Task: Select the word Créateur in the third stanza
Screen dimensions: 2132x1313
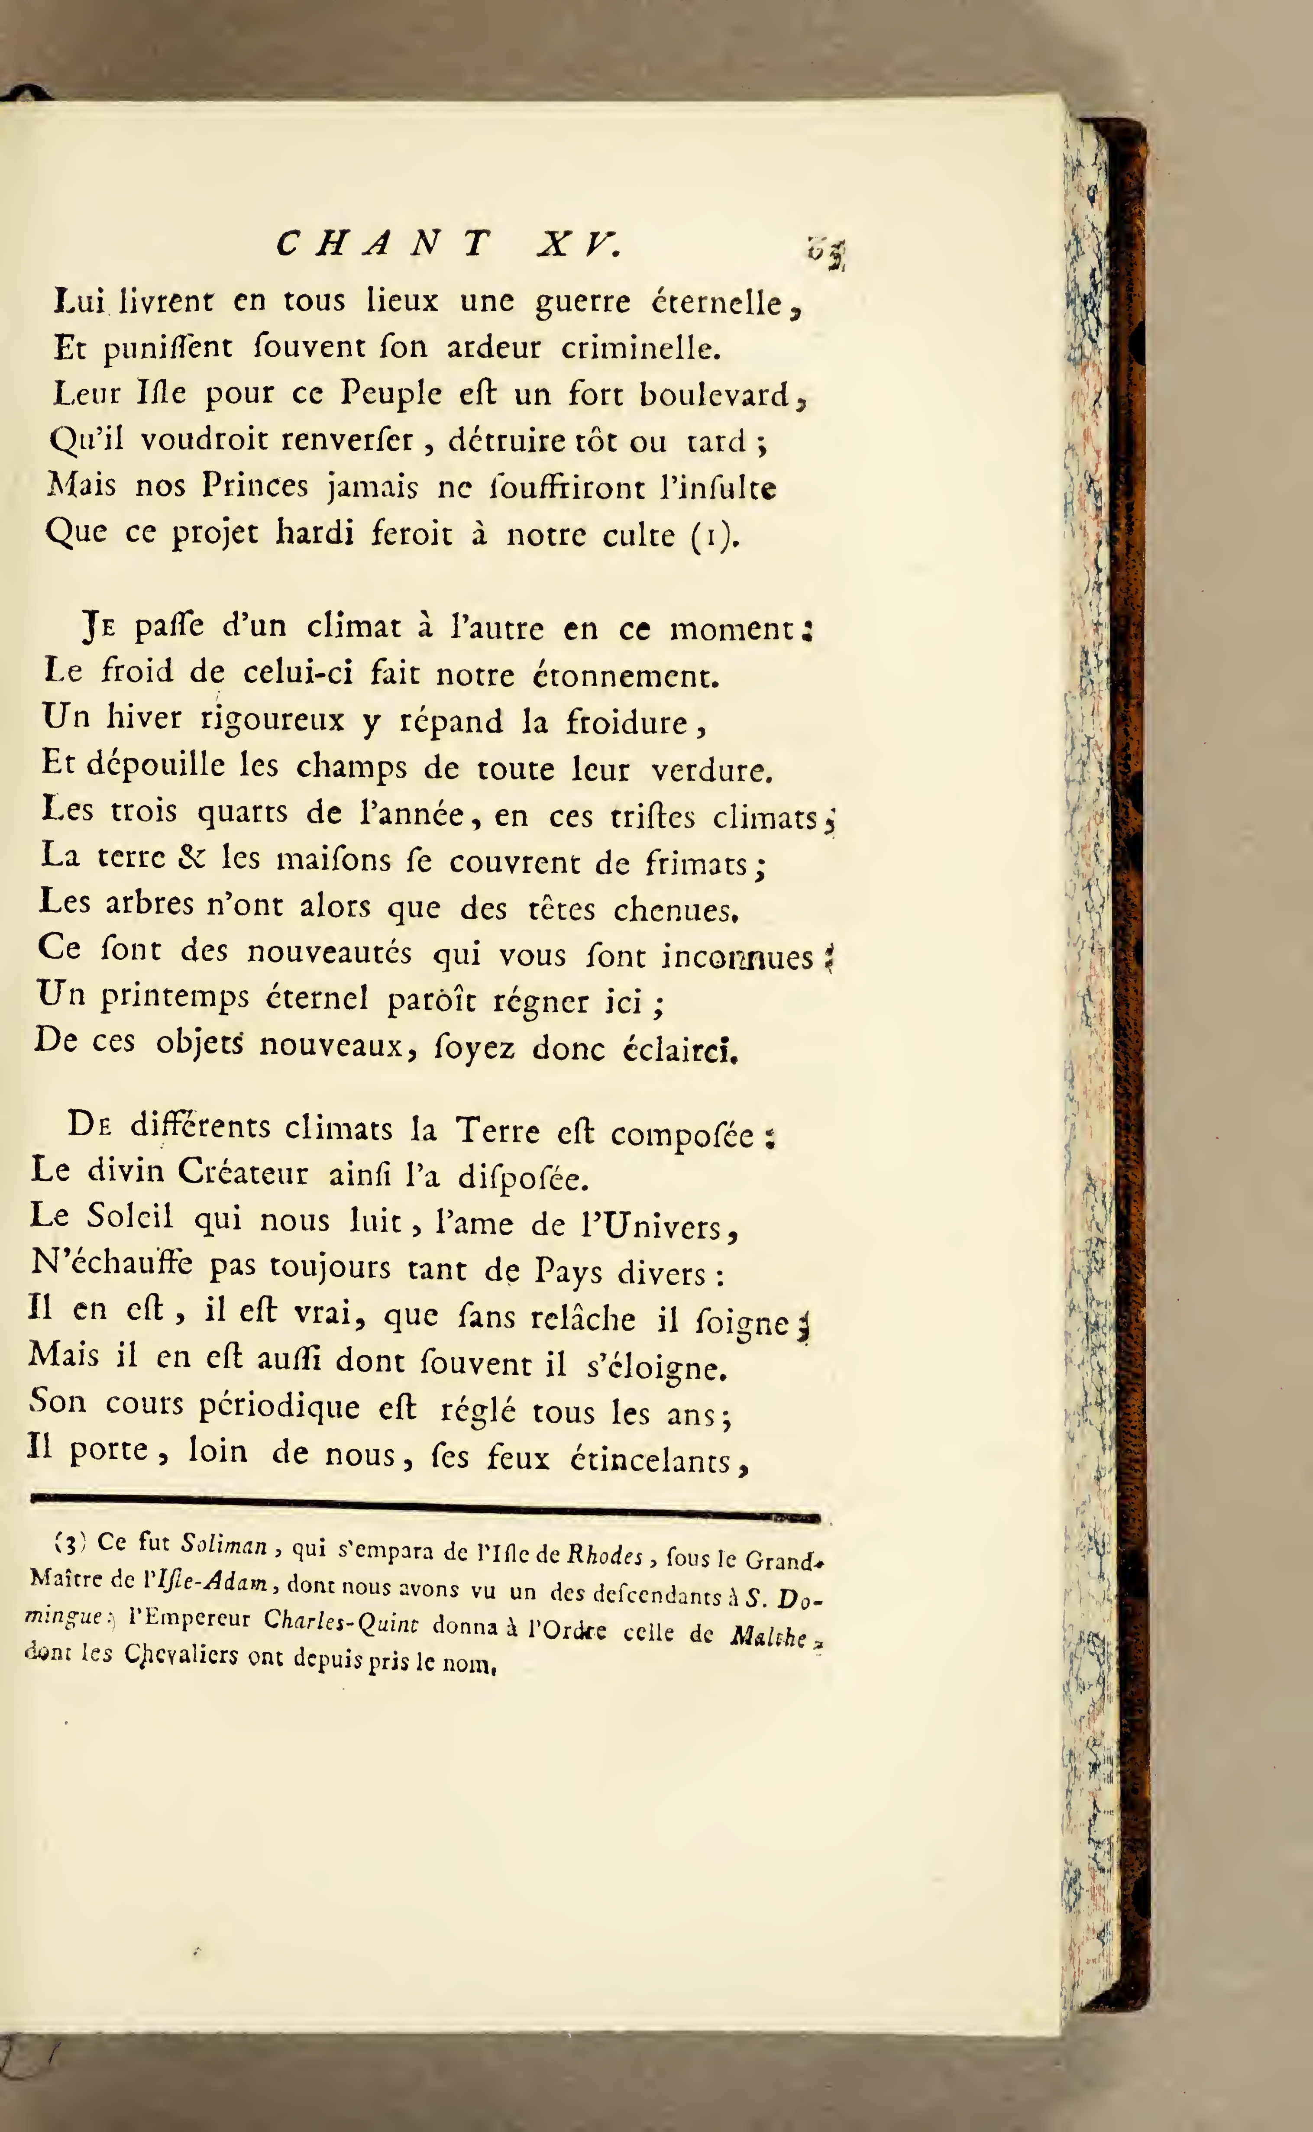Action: [x=243, y=1173]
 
